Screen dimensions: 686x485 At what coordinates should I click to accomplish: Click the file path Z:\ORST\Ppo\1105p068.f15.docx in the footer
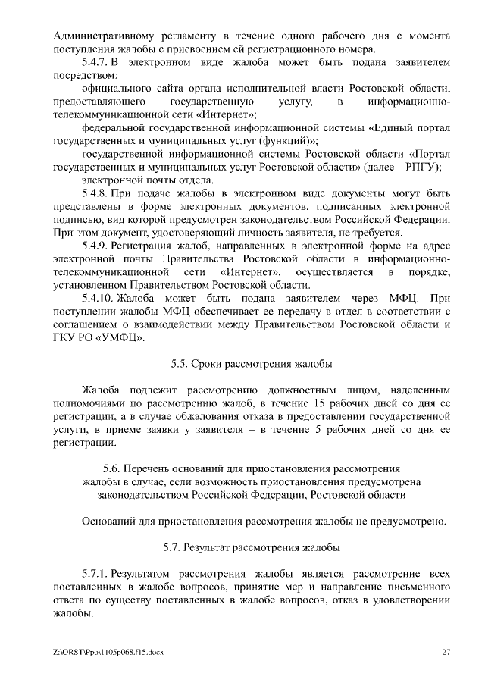coord(109,652)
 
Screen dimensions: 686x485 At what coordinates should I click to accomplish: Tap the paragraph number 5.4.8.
coord(95,193)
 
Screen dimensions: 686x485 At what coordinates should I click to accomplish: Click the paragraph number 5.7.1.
coord(95,572)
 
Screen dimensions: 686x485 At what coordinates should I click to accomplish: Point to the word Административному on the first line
coord(102,36)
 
